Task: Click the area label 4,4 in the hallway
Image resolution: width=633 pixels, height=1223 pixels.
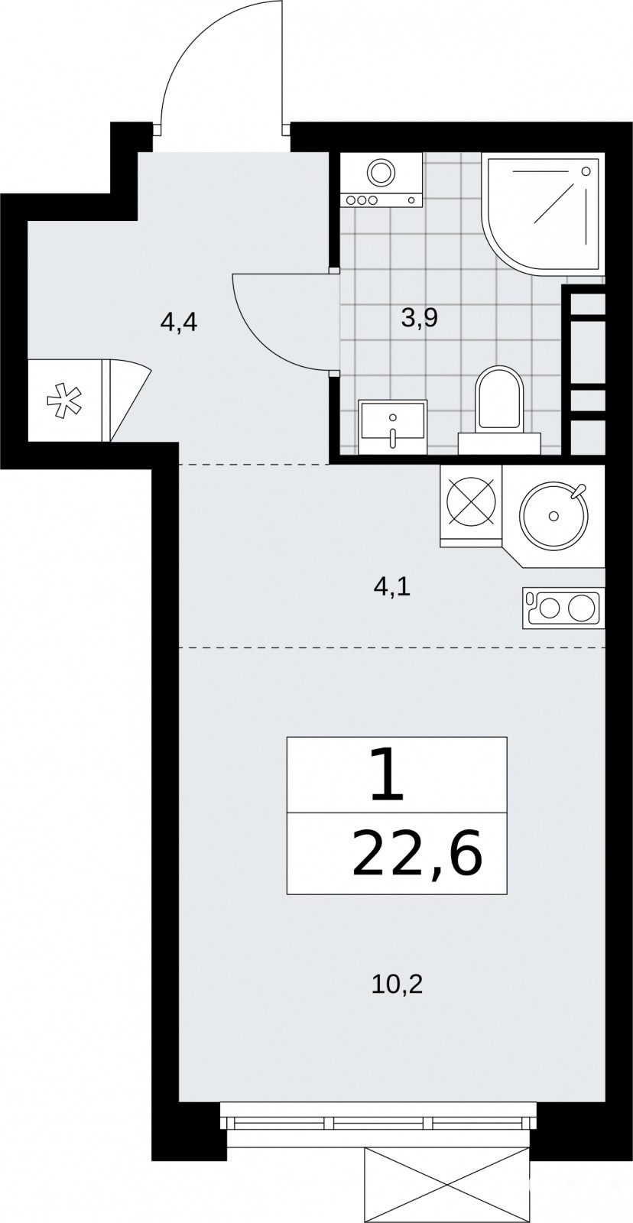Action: tap(179, 324)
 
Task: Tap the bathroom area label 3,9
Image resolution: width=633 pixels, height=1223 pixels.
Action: tap(420, 318)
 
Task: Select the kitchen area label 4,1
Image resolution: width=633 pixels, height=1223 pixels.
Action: tap(391, 588)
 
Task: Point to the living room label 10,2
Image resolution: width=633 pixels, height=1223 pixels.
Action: tap(397, 985)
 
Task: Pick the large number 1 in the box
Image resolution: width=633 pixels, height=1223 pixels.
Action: tap(388, 775)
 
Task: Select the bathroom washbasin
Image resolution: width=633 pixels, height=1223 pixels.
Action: tap(392, 427)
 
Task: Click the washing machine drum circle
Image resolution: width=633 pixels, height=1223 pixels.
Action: tap(381, 173)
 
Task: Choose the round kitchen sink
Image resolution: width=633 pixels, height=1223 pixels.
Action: tap(553, 515)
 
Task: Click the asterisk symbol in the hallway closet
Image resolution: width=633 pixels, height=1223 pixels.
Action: tap(64, 401)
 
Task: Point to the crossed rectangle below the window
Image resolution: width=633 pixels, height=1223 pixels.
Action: tap(447, 1179)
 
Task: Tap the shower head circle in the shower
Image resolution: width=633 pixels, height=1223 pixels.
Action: tap(586, 171)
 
